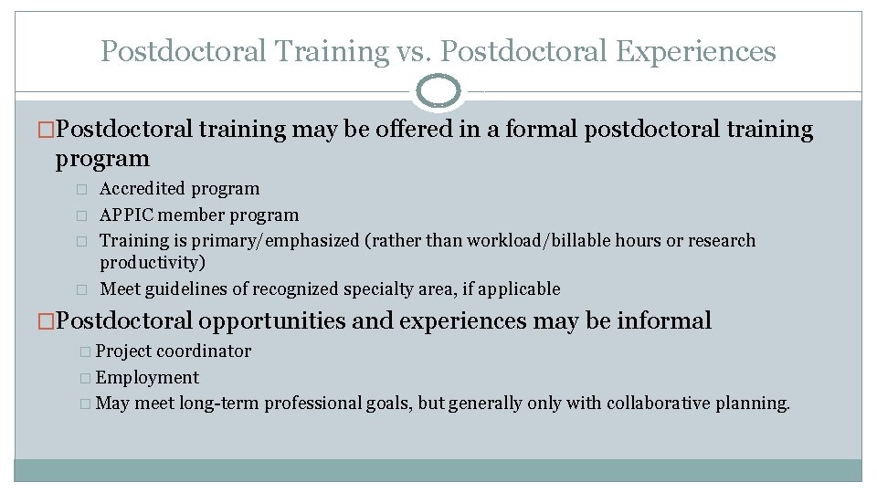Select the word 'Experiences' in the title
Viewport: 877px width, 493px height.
pos(696,51)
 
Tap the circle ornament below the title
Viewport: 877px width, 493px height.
pos(438,92)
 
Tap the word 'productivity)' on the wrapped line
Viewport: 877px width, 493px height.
pos(153,263)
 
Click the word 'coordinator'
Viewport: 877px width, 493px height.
pos(204,351)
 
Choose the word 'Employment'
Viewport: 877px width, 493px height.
pos(147,378)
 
